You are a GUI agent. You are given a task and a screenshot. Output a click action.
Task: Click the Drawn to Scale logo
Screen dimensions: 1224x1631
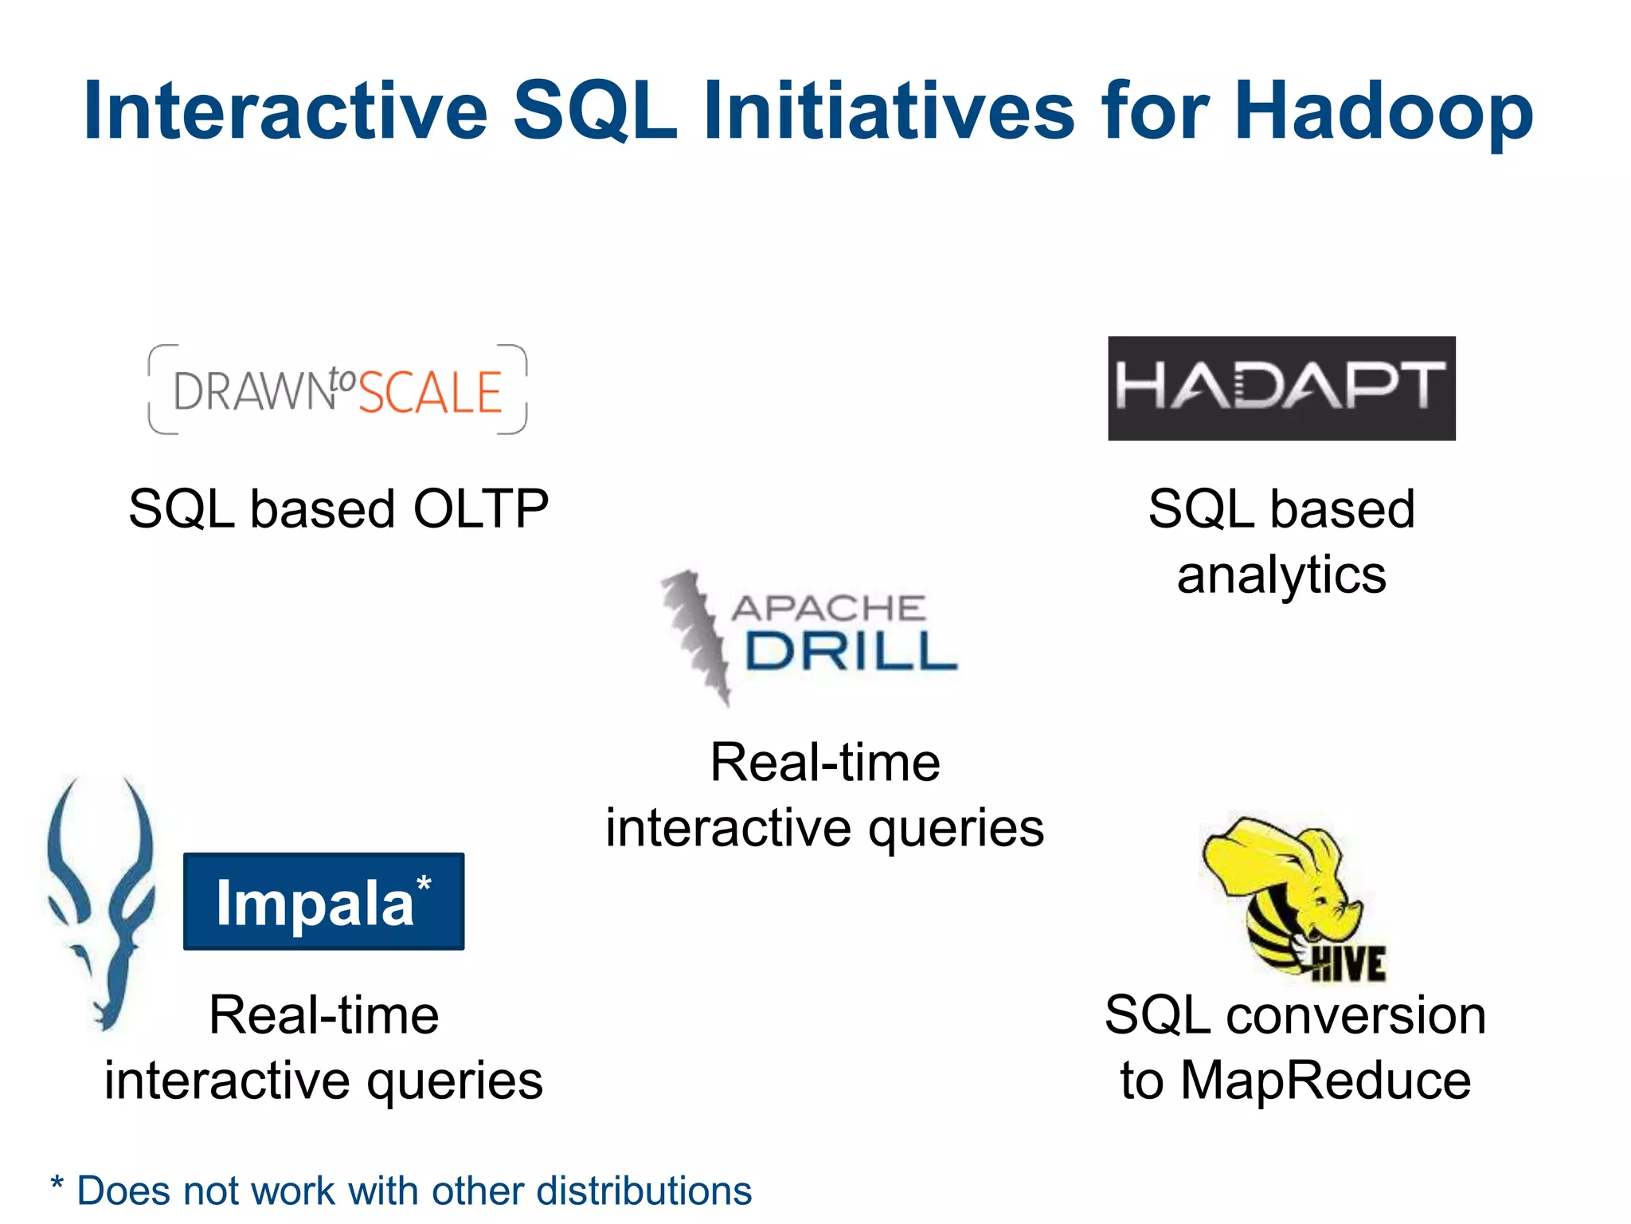tap(338, 390)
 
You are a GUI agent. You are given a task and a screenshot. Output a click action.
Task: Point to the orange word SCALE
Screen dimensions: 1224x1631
tap(430, 393)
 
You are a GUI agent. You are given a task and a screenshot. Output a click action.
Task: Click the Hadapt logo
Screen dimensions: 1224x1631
tap(1281, 388)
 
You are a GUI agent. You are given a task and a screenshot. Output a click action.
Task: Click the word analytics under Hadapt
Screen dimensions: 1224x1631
tap(1281, 575)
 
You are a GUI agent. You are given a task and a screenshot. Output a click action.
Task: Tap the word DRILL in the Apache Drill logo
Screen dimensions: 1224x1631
tap(850, 652)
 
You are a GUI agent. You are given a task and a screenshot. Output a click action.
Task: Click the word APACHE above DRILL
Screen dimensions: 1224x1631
tap(828, 609)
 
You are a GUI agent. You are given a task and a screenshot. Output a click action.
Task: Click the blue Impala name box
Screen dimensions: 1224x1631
tap(323, 901)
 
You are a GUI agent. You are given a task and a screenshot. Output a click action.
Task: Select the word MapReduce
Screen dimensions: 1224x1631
tap(1325, 1081)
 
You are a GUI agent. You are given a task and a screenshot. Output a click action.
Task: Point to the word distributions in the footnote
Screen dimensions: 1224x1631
tap(643, 1191)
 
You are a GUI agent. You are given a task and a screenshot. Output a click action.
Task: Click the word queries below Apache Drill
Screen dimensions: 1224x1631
tap(956, 829)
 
